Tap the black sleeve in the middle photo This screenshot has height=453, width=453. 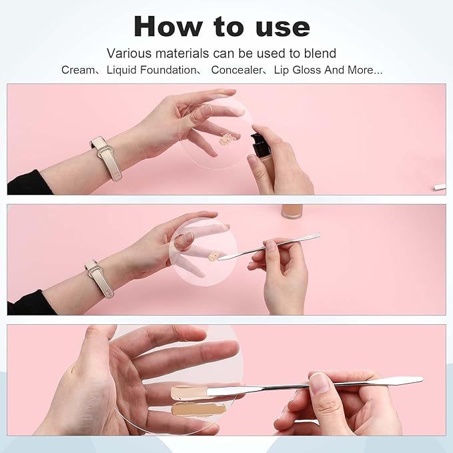pos(27,304)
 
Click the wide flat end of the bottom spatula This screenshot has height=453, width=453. pos(400,381)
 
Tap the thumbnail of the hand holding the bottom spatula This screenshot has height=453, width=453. pos(320,382)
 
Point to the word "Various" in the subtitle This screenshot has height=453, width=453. pos(130,53)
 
